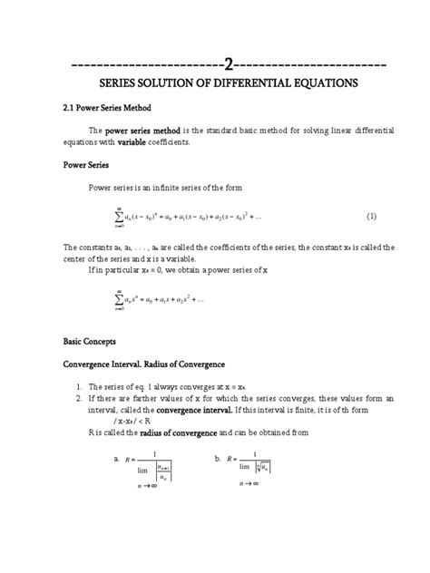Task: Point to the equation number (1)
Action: pos(371,218)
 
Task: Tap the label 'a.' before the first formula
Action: pos(117,460)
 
